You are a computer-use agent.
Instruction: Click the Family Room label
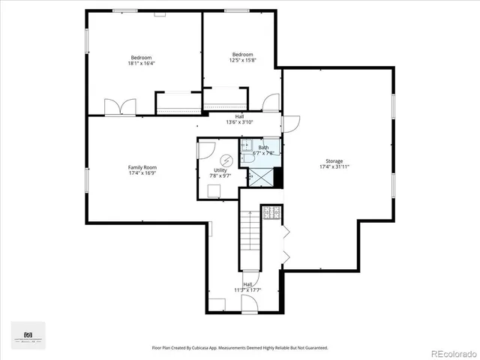click(142, 167)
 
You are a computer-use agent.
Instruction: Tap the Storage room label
click(334, 161)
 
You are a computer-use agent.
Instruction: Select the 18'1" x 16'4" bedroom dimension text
click(142, 64)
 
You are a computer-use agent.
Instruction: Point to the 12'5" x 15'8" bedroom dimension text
click(242, 61)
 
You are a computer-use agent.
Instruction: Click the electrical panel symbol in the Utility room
click(226, 160)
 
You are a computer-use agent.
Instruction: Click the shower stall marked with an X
click(259, 177)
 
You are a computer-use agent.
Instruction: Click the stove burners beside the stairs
click(270, 213)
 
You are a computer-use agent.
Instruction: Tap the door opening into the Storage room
click(290, 124)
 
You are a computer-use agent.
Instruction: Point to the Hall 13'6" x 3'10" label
click(239, 118)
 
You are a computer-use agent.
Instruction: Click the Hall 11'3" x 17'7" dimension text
click(247, 289)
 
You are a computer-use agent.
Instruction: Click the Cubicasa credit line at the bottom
click(240, 347)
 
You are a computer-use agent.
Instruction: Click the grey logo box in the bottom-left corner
click(28, 335)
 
